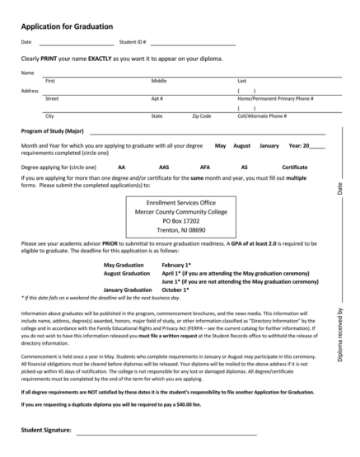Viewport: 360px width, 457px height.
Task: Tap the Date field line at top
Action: (x=77, y=43)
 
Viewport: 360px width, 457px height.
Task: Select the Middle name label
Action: (x=159, y=81)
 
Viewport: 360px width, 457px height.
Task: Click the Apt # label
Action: (x=157, y=98)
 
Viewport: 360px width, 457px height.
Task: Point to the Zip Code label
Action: (x=201, y=115)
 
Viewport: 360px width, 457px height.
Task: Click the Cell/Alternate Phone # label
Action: (x=261, y=115)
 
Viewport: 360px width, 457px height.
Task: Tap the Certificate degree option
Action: (x=295, y=167)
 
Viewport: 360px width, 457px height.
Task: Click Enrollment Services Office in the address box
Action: (x=180, y=201)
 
